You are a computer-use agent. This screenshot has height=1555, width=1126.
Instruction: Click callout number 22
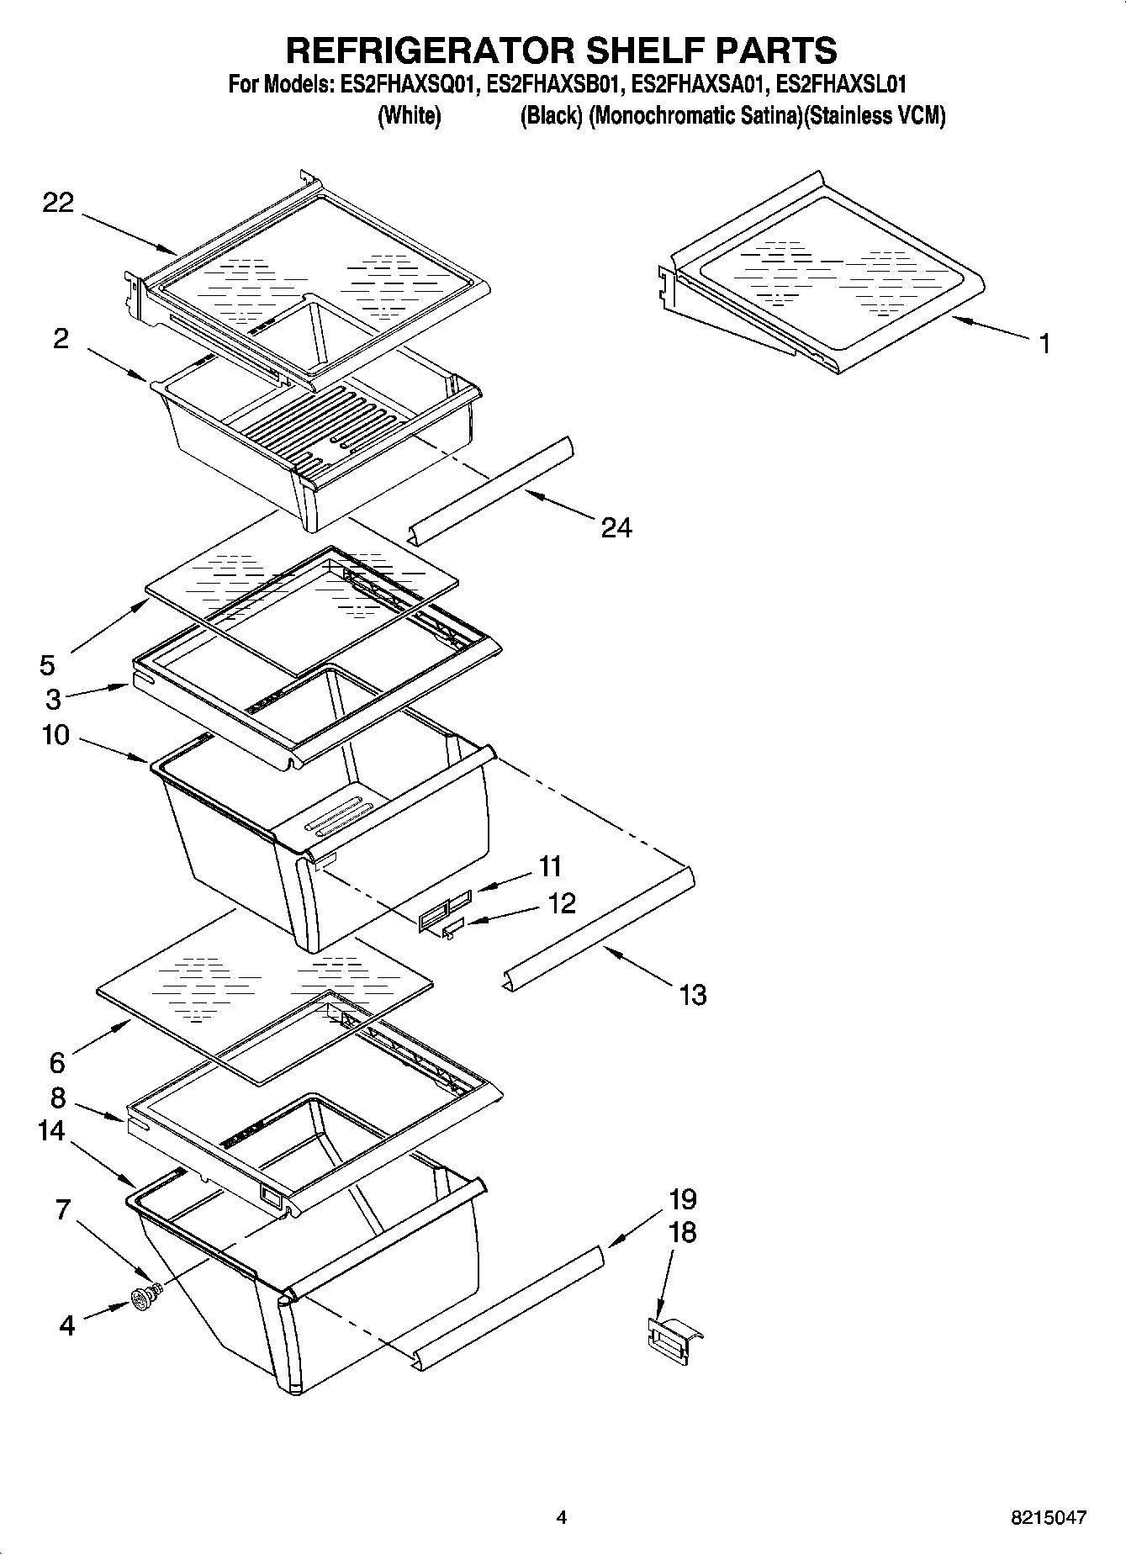point(58,203)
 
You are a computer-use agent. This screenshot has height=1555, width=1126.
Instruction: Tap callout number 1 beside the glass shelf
point(1044,344)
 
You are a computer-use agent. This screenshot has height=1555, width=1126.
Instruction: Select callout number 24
point(616,527)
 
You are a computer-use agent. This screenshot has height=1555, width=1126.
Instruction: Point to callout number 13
point(693,995)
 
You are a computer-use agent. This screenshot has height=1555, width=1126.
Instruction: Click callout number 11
point(551,865)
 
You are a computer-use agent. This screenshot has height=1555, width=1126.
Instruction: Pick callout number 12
point(562,903)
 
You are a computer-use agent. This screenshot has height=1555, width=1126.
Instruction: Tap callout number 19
point(683,1198)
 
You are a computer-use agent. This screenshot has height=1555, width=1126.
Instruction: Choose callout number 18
point(683,1233)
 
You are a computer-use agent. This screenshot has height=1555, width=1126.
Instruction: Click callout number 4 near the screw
point(67,1326)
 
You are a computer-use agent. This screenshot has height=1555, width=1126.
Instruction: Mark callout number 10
point(56,735)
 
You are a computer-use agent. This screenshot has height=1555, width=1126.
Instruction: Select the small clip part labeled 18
point(673,1337)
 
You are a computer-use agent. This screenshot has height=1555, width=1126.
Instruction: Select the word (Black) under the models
point(551,116)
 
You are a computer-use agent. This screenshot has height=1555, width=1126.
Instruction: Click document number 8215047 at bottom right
point(1049,1518)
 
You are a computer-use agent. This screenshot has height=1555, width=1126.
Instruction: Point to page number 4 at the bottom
point(562,1518)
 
